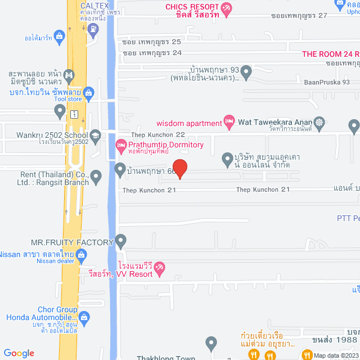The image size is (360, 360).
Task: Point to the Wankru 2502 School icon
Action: (x=96, y=135)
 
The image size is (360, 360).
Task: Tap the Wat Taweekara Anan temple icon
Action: (x=319, y=121)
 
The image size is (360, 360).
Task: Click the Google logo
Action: (x=19, y=353)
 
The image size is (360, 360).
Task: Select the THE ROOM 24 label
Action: (x=331, y=54)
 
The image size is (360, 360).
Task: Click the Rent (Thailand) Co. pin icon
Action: (x=96, y=178)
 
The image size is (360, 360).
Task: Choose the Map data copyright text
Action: (x=336, y=355)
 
